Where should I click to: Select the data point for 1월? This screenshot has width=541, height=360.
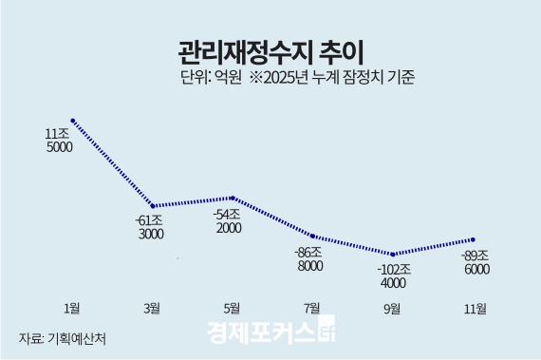[72, 121]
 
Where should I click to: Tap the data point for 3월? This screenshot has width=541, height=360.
[153, 205]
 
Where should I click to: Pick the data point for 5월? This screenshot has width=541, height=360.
[233, 198]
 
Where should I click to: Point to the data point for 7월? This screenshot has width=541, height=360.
[312, 235]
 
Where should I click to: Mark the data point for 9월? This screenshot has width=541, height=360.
[393, 255]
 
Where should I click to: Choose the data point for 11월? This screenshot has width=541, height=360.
[473, 239]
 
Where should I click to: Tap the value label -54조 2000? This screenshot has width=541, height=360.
[228, 220]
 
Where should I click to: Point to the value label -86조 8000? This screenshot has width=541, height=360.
[308, 258]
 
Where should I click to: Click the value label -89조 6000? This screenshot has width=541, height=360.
[474, 262]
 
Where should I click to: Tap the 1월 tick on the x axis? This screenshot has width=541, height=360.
[71, 308]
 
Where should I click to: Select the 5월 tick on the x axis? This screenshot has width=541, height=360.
[232, 308]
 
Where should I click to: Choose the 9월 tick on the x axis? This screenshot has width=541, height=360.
[392, 308]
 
